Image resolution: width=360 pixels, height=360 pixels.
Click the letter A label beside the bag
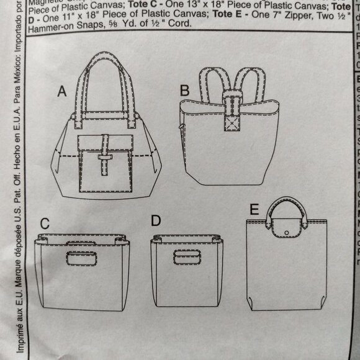coord(61,92)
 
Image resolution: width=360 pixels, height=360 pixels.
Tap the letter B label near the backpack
coord(184,91)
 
